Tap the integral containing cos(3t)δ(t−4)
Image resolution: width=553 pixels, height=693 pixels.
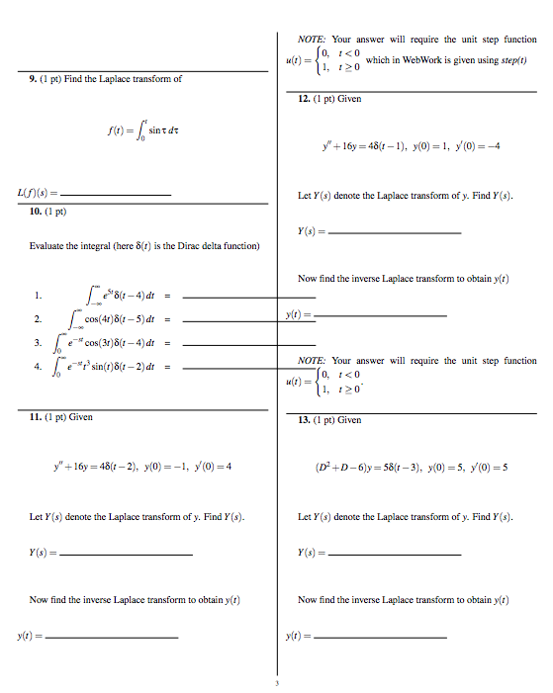point(107,343)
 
